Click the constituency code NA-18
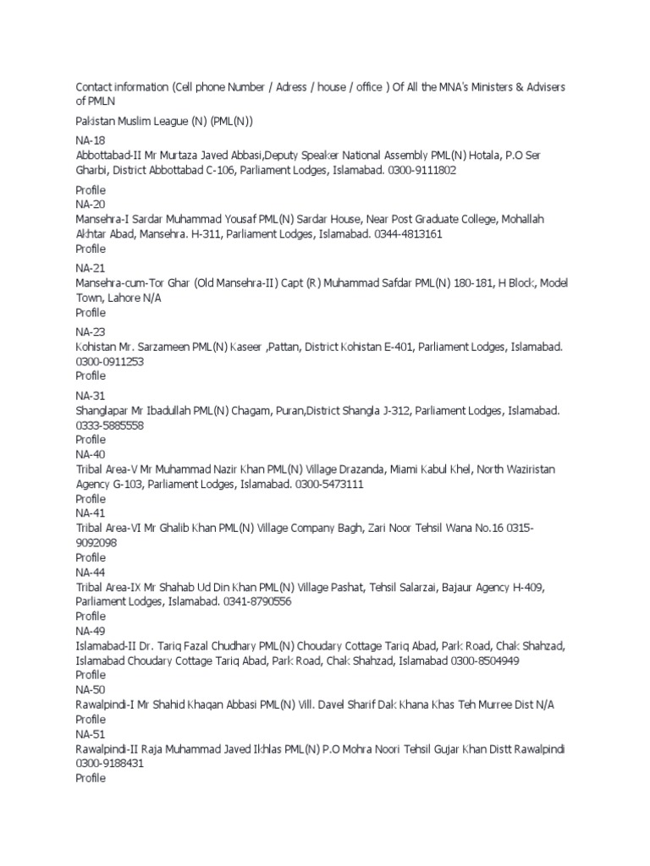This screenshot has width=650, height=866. pos(90,140)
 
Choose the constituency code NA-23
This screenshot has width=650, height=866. pos(90,332)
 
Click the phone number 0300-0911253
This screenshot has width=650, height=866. pos(108,361)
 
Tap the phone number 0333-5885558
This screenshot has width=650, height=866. pos(109,425)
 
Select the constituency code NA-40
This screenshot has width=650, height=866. pos(90,454)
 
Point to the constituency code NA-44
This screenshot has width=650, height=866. pos(90,573)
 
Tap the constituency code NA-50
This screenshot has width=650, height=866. pos(90,690)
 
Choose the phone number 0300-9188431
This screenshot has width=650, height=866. pos(109,764)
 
